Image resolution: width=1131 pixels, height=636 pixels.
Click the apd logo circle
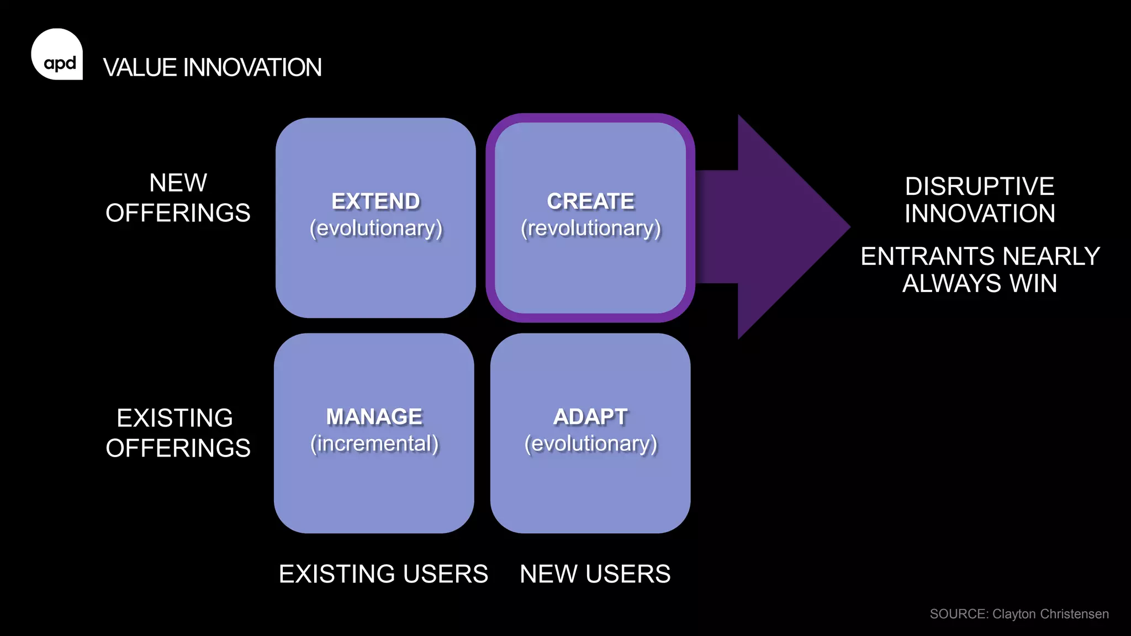(57, 54)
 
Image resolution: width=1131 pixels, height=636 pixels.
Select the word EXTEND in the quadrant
(376, 202)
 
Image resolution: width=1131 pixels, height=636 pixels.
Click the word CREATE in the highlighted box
(590, 202)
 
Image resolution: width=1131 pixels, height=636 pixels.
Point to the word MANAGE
(374, 417)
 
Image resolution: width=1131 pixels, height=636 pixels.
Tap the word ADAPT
(590, 417)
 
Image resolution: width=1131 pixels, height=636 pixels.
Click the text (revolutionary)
(590, 229)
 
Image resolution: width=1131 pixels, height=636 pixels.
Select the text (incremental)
(374, 444)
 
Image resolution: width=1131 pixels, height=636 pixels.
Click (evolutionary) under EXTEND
(376, 229)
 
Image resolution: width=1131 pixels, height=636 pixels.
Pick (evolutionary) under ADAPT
(590, 444)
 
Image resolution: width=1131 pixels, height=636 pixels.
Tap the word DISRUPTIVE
(979, 187)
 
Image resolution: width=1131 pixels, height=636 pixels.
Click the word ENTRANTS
(928, 257)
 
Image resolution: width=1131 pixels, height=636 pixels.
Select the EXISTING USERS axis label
(383, 574)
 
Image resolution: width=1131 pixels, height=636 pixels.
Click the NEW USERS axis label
(595, 574)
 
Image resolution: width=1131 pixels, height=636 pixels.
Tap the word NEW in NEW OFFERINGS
(178, 183)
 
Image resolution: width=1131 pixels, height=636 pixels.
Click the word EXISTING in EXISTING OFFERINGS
(175, 418)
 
